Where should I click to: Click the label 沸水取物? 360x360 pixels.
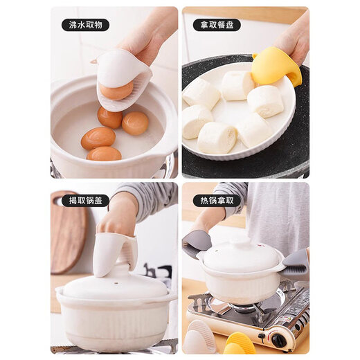tap(84, 25)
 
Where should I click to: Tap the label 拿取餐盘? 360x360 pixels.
tap(216, 25)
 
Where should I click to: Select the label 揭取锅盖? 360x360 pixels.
tap(84, 201)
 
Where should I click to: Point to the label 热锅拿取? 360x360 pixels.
tap(216, 201)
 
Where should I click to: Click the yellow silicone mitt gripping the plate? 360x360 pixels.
tap(277, 66)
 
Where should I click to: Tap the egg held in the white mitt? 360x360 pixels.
tap(116, 91)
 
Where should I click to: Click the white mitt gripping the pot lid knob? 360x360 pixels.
tap(114, 253)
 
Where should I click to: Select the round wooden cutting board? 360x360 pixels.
tap(67, 232)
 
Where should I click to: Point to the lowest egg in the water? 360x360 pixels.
tap(104, 154)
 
